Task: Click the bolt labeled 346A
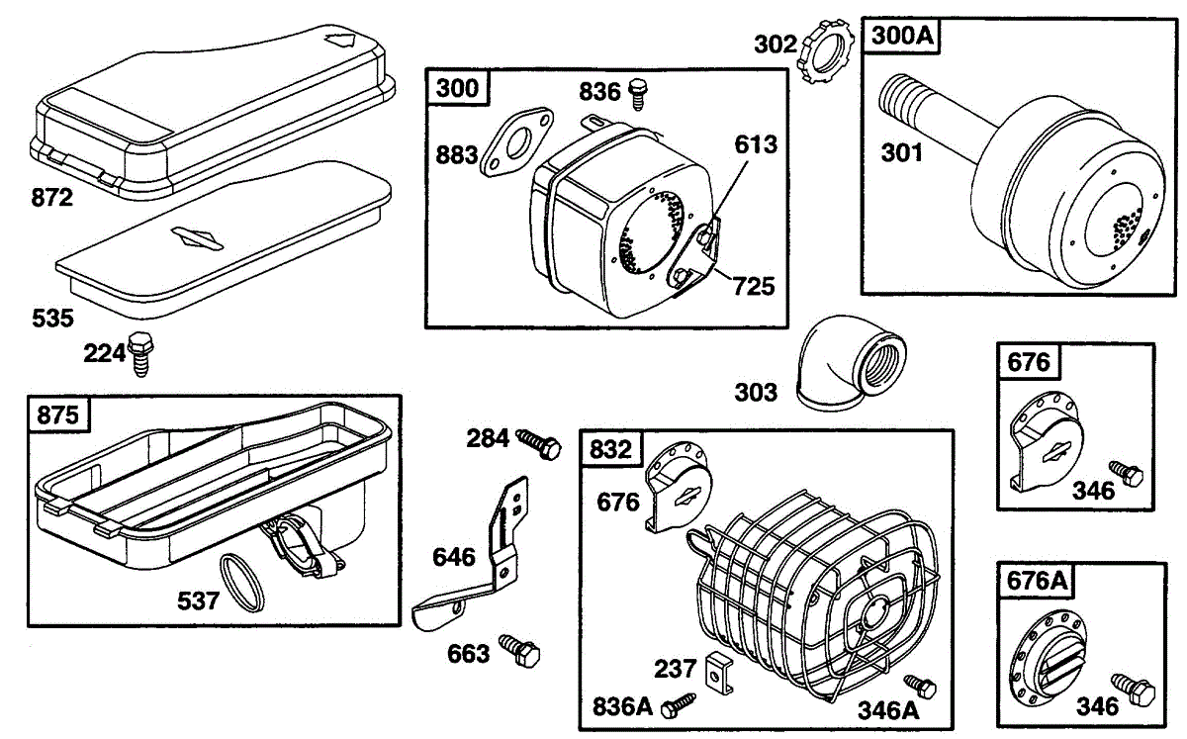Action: (922, 685)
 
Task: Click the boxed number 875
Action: (58, 415)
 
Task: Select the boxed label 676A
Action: (1038, 582)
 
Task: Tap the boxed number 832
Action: (611, 449)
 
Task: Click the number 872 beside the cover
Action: (50, 198)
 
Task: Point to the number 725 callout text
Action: (755, 287)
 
